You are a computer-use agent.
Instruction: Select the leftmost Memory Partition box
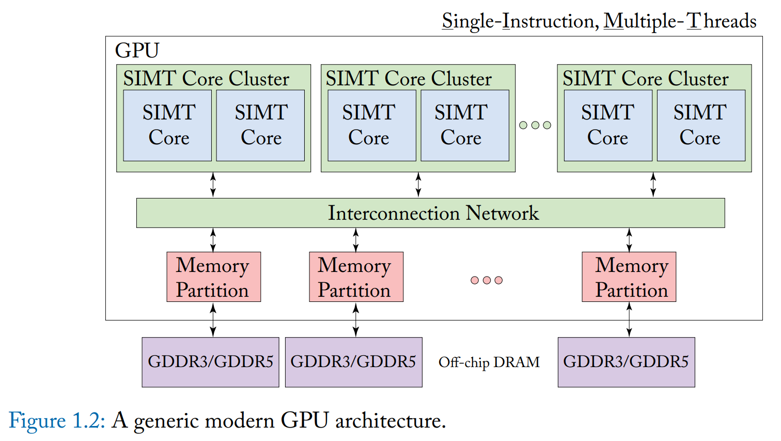tap(213, 277)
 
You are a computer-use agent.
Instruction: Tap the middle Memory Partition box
tap(356, 277)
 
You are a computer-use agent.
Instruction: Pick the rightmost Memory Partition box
tap(629, 277)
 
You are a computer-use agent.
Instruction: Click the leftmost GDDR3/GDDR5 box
tap(210, 362)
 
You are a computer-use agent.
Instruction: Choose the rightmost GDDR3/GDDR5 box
tap(626, 362)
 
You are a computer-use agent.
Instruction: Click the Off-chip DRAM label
tap(489, 362)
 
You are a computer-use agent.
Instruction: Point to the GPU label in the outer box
tap(137, 51)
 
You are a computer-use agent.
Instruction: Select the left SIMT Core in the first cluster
tap(167, 126)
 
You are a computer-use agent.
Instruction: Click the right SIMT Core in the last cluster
tap(701, 126)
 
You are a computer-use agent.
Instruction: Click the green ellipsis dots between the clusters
tap(535, 125)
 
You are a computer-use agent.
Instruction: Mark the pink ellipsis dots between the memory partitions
tap(487, 280)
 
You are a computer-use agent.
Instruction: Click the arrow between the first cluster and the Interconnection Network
tap(213, 185)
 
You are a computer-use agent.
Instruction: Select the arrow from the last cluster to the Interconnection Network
tap(653, 185)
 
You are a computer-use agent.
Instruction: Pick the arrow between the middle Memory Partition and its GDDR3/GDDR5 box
tap(356, 320)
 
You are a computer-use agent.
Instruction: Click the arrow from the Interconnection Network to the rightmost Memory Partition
tap(629, 240)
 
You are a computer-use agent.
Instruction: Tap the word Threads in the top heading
tap(722, 21)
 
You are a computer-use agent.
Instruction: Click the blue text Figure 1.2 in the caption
tap(57, 420)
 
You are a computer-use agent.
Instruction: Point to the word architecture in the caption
tap(389, 420)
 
